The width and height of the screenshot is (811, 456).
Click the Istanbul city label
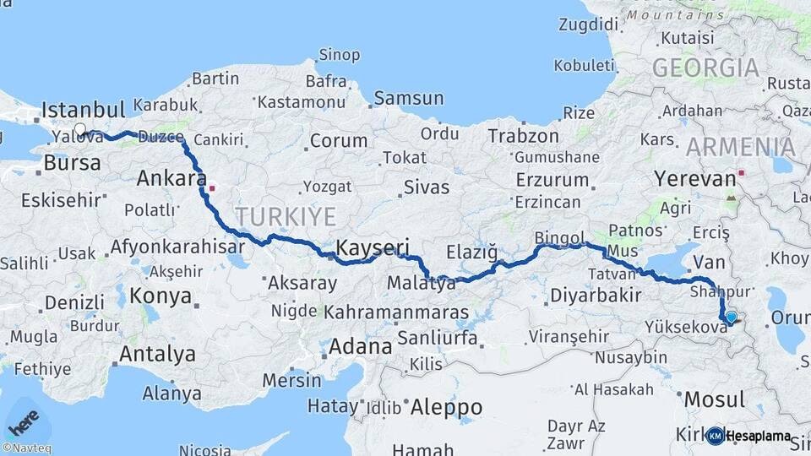point(83,110)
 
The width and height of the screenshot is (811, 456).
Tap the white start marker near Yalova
point(80,130)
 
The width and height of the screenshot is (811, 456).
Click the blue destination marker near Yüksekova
point(731,318)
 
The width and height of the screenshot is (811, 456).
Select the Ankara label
point(171,179)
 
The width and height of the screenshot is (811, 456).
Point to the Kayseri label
point(373,247)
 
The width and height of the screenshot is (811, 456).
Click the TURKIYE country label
point(285,215)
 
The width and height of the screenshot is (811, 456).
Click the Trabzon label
point(523,136)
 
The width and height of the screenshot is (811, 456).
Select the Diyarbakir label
point(592,296)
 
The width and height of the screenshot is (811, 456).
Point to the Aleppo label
point(446,408)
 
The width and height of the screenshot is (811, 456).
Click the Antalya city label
point(157,355)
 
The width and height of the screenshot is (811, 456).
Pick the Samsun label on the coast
point(408,98)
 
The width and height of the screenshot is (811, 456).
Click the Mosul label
point(714,399)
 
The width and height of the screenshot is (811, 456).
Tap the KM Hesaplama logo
point(749,436)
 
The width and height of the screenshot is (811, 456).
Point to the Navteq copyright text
point(26,448)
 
